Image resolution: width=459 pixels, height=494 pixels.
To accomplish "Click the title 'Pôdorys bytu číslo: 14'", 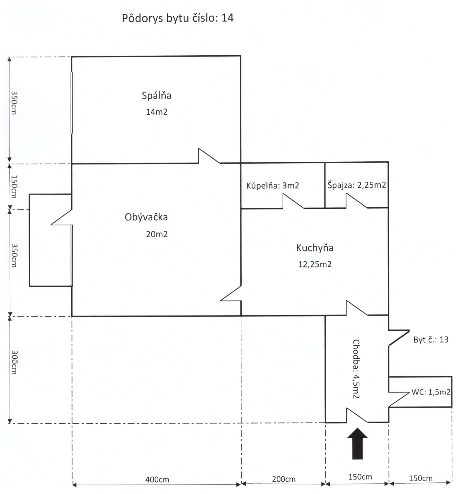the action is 178,18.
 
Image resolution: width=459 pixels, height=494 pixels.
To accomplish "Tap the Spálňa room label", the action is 156,96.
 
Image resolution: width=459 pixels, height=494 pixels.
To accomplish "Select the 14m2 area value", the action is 157,112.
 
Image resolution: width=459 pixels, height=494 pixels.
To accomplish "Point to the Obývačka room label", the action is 146,217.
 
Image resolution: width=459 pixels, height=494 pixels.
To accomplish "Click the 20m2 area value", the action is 157,234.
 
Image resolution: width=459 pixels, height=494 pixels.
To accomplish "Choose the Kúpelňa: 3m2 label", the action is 272,186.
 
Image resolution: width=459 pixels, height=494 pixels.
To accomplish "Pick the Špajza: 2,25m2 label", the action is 357,185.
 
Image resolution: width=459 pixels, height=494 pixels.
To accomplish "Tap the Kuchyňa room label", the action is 315,248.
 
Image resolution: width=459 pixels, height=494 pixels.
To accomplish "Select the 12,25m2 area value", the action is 315,264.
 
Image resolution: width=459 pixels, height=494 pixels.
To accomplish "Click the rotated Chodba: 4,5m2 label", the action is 356,369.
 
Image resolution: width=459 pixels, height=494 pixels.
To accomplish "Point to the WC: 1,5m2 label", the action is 431,392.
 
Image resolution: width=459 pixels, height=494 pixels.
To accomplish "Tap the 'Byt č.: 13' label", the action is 431,340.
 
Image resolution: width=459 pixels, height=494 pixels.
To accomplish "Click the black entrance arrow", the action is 357,443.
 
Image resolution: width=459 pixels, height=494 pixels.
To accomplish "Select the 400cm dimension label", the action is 157,479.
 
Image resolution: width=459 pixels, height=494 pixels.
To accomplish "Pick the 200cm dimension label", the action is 284,479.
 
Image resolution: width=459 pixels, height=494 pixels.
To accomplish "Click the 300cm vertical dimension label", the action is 14,362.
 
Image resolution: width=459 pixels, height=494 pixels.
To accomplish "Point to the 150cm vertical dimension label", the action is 14,187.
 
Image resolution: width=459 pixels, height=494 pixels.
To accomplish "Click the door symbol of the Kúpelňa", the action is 293,201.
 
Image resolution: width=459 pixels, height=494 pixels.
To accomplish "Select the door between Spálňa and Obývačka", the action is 209,156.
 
